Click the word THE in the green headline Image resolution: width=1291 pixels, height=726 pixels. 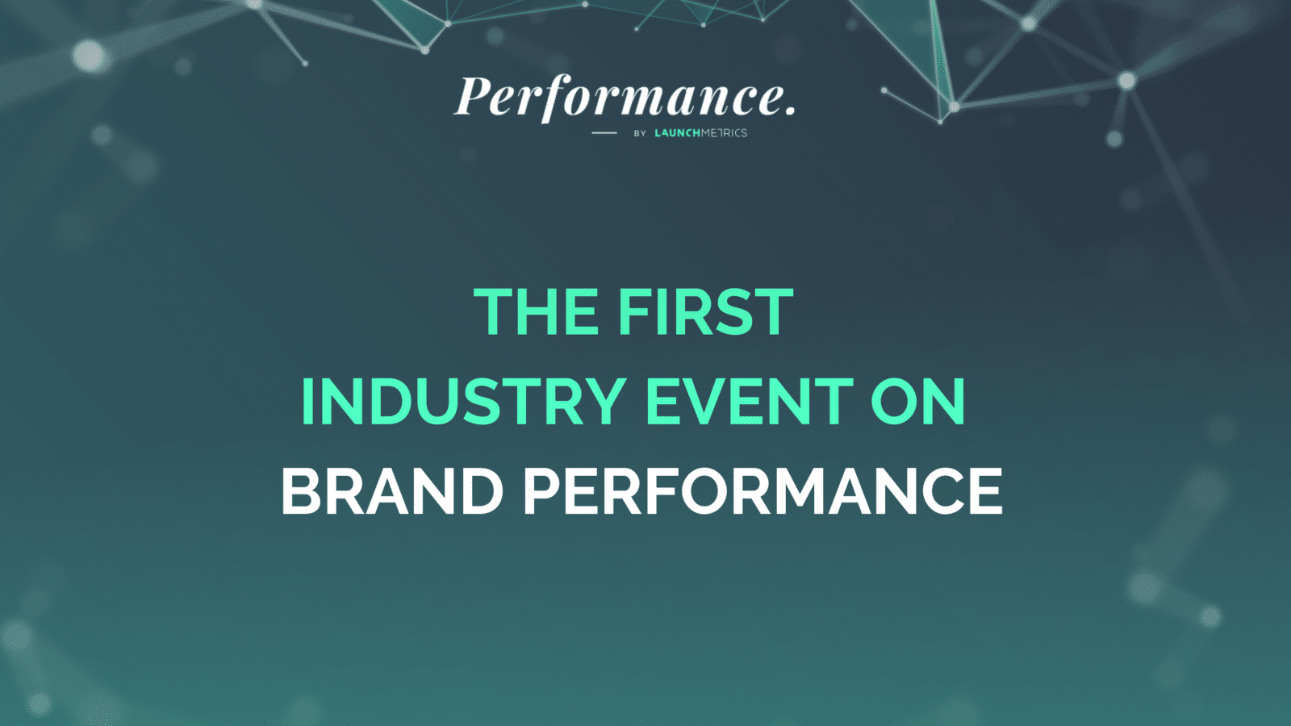click(x=536, y=312)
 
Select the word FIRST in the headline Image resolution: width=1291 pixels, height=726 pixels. click(x=706, y=312)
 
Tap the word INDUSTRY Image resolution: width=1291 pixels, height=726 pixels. click(x=463, y=401)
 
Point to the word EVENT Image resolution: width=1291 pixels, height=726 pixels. click(x=750, y=401)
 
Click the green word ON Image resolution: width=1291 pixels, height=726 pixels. click(x=917, y=401)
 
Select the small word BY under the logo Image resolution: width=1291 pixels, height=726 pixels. click(x=640, y=133)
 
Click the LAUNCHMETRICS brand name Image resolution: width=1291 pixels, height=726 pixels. click(x=700, y=133)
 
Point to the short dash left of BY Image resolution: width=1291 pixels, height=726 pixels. click(x=604, y=133)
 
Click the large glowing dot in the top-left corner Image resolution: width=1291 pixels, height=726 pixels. click(x=89, y=56)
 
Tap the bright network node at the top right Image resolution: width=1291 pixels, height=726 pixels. click(x=1126, y=81)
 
